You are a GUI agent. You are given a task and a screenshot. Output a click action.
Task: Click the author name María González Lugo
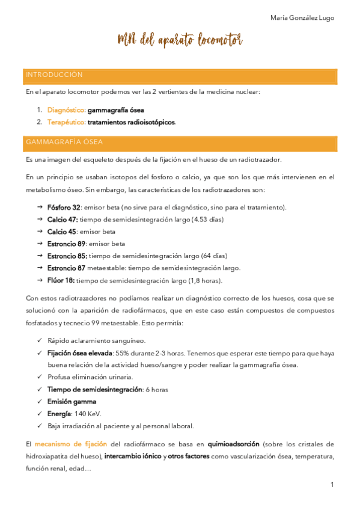pyautogui.click(x=302, y=18)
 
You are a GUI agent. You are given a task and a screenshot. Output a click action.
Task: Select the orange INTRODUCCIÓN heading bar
pyautogui.click(x=180, y=75)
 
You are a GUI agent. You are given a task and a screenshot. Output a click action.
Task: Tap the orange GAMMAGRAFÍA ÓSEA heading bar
pyautogui.click(x=180, y=143)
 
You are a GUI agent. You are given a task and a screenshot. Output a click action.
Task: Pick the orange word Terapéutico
pyautogui.click(x=66, y=122)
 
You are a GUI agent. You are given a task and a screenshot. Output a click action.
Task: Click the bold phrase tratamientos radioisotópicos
pyautogui.click(x=132, y=122)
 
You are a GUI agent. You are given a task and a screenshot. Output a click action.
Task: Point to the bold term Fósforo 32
pyautogui.click(x=64, y=207)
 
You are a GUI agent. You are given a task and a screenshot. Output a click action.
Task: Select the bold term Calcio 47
pyautogui.click(x=63, y=220)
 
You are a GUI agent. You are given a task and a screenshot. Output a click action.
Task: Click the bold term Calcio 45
pyautogui.click(x=62, y=232)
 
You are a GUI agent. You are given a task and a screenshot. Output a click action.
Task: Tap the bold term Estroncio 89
pyautogui.click(x=66, y=244)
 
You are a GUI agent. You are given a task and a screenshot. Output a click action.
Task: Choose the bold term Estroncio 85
pyautogui.click(x=67, y=256)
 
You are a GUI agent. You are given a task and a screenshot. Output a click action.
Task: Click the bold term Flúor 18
pyautogui.click(x=61, y=280)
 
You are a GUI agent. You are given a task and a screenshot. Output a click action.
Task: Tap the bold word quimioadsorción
pyautogui.click(x=233, y=444)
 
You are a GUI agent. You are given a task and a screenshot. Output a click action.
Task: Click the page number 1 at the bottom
pyautogui.click(x=332, y=485)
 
